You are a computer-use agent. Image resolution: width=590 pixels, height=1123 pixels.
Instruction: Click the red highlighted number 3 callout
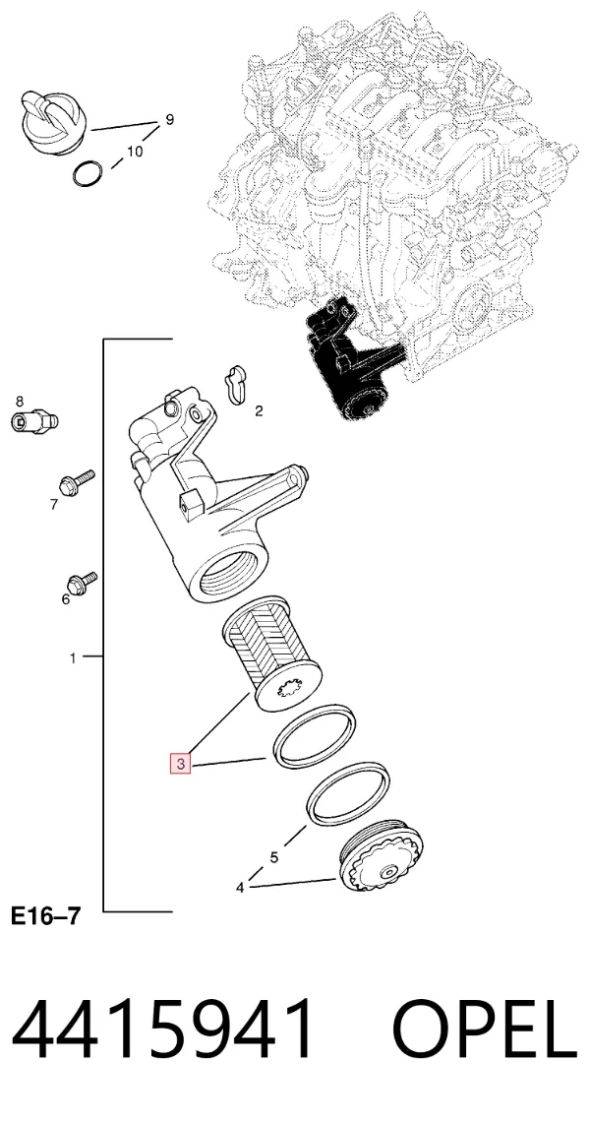pos(181,764)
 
